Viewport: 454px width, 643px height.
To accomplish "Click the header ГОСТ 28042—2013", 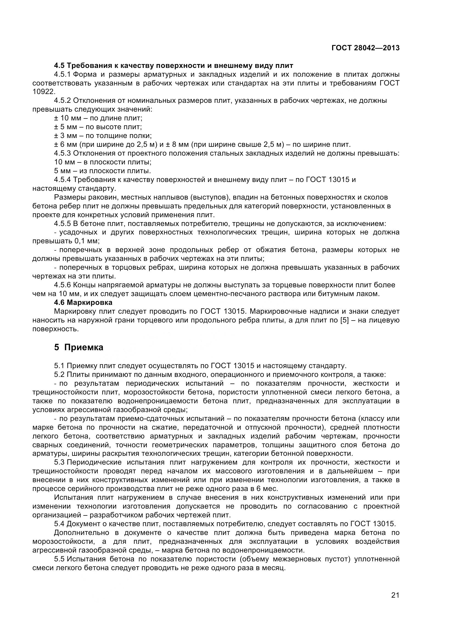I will tap(365, 48).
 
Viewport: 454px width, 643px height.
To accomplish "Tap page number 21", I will tap(395, 603).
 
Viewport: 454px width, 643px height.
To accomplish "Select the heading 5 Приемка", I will tap(79, 347).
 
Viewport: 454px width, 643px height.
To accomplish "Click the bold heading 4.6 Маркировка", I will tap(83, 302).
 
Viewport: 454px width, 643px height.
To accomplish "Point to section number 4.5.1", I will tap(63, 74).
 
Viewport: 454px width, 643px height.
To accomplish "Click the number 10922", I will tap(44, 92).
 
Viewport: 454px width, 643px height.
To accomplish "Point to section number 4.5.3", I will tap(63, 153).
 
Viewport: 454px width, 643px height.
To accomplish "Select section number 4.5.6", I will tap(63, 285).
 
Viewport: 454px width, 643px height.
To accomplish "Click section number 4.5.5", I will tap(63, 223).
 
